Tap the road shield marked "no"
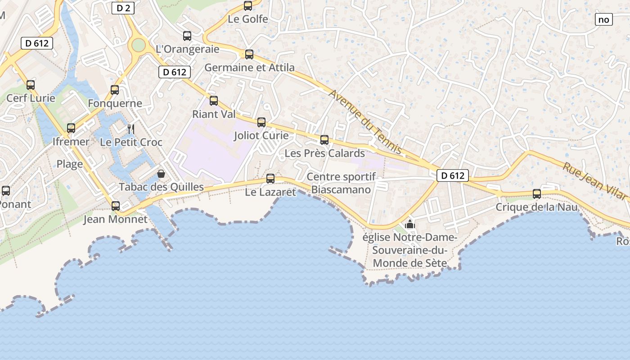603,19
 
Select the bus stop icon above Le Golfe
248,6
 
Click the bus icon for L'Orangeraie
187,36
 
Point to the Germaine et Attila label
249,67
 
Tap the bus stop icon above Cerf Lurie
31,85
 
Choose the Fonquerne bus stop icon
115,90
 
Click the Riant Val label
214,114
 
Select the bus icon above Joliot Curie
261,122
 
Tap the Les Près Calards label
324,153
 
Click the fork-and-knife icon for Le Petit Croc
131,129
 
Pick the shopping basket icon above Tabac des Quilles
161,174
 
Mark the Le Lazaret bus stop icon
270,178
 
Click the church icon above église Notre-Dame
409,224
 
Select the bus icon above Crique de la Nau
537,194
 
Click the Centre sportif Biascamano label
341,183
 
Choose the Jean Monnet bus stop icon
116,206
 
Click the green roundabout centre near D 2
139,45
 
